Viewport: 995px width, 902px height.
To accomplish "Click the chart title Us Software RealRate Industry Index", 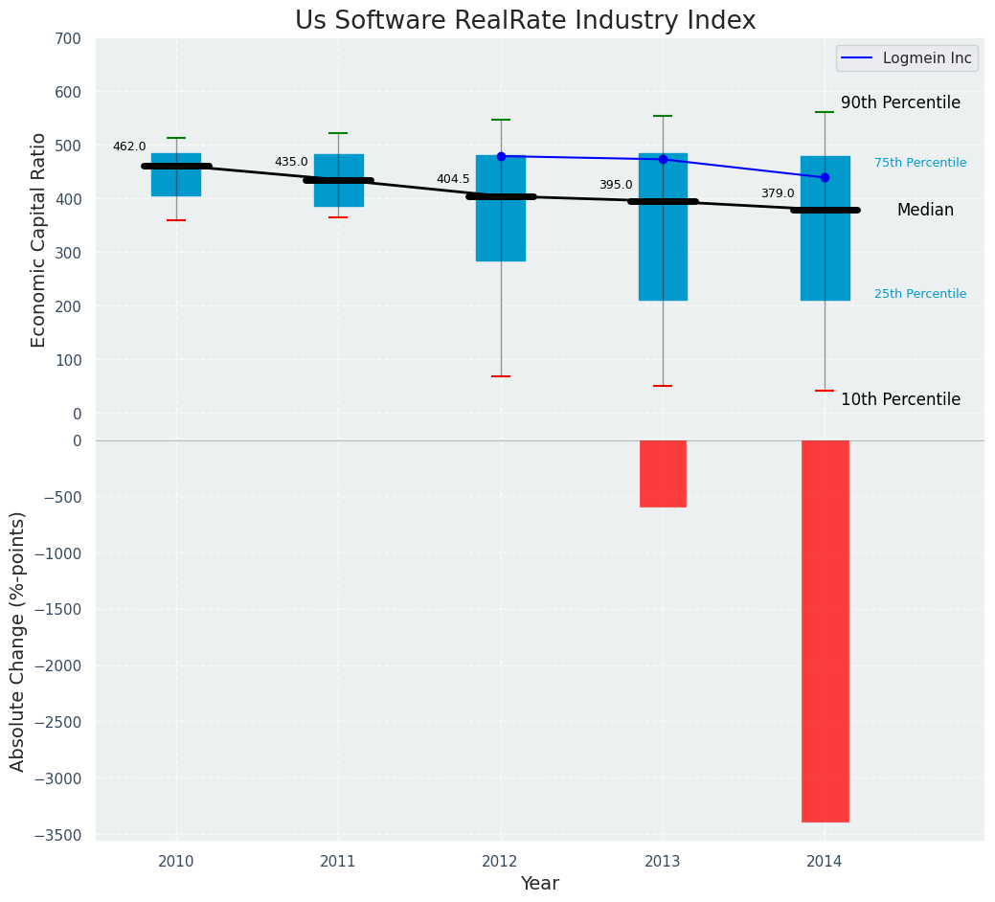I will point(525,21).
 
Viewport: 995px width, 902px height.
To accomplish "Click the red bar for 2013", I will point(663,473).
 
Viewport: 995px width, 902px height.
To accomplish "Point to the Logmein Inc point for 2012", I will point(501,156).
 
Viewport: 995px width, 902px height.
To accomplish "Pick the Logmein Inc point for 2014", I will point(825,177).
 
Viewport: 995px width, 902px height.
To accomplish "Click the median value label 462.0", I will point(129,147).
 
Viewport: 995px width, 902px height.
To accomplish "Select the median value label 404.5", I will point(453,179).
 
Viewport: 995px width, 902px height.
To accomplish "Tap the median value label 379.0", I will point(778,193).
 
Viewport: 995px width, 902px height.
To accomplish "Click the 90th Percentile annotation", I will point(900,102).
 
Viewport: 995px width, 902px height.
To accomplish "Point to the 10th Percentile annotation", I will point(900,399).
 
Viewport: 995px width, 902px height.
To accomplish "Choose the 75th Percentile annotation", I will point(920,163).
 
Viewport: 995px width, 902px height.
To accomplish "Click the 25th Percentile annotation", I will point(920,294).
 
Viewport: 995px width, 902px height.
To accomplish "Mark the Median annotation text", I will point(925,210).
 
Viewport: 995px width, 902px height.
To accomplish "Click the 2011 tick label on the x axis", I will point(338,861).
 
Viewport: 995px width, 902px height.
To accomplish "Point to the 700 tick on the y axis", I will point(68,38).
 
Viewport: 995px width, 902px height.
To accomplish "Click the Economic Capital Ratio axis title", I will point(39,240).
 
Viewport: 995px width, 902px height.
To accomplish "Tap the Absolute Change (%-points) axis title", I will point(18,641).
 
